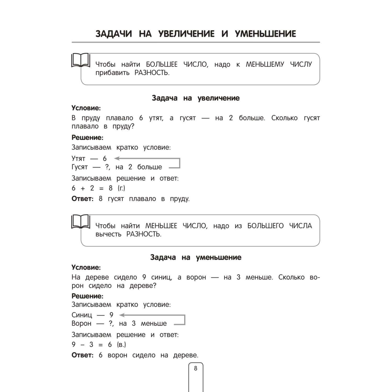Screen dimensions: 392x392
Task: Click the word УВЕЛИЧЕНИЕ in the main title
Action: click(x=186, y=34)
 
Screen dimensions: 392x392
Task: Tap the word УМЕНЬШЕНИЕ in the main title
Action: click(x=265, y=34)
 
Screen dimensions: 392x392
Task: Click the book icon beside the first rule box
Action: click(x=80, y=60)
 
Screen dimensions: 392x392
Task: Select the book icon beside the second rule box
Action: click(x=80, y=222)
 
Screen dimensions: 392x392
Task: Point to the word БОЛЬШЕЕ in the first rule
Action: click(x=162, y=64)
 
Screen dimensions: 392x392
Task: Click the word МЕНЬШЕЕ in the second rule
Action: click(x=161, y=226)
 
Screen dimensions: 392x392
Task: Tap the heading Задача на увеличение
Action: click(x=195, y=98)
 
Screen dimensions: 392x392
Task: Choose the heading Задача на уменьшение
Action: click(x=195, y=257)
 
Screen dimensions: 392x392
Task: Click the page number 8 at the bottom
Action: click(x=195, y=368)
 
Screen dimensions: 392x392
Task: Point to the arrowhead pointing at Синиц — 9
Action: click(x=122, y=315)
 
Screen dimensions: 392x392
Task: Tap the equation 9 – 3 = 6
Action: click(x=91, y=345)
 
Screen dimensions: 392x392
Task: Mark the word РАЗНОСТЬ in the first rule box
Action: click(x=152, y=73)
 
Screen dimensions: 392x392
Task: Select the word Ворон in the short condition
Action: click(x=81, y=324)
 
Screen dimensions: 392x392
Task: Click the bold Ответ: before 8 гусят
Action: click(x=82, y=199)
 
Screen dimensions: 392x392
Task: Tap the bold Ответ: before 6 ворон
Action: click(x=82, y=355)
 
